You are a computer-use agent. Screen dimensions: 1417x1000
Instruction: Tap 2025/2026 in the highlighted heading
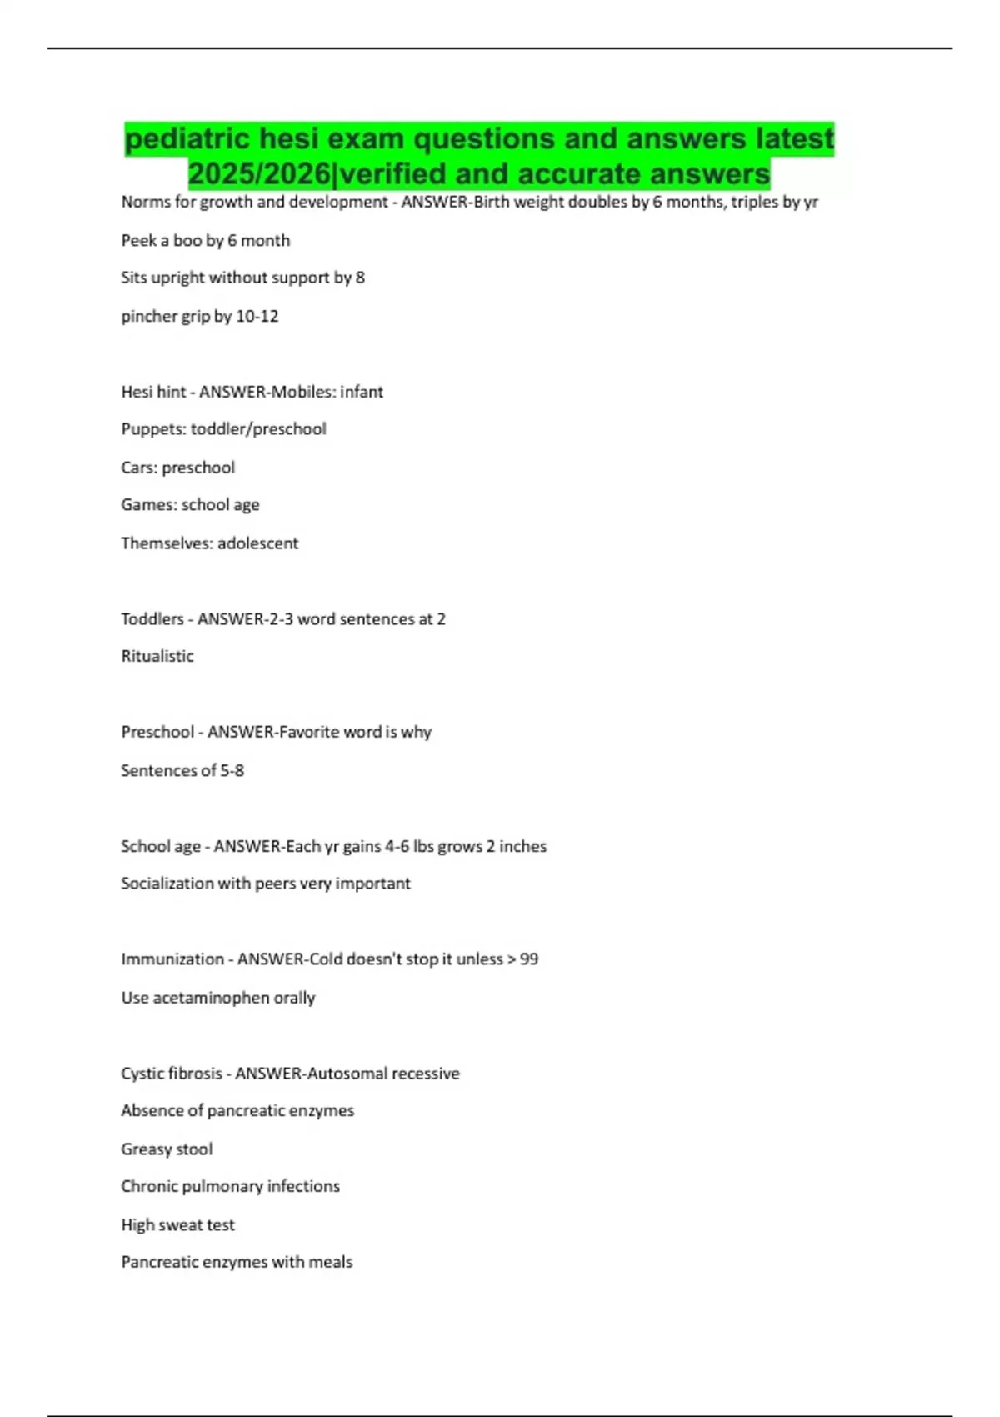[259, 173]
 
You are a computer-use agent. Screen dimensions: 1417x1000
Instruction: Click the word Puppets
[153, 429]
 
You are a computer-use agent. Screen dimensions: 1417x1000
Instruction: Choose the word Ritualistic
[157, 656]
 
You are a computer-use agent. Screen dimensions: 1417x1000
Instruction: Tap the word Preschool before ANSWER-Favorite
[157, 732]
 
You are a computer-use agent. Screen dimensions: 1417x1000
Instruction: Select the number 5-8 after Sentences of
[232, 770]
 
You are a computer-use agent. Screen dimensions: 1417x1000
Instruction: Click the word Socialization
[167, 884]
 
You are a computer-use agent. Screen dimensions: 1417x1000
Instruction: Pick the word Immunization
[172, 959]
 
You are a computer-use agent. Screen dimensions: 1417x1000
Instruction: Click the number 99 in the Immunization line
[529, 959]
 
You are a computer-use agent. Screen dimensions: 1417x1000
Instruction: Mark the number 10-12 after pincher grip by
[257, 317]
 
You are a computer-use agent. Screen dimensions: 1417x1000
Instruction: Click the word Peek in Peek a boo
[139, 241]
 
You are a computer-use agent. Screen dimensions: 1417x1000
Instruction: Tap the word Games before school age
[147, 505]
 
